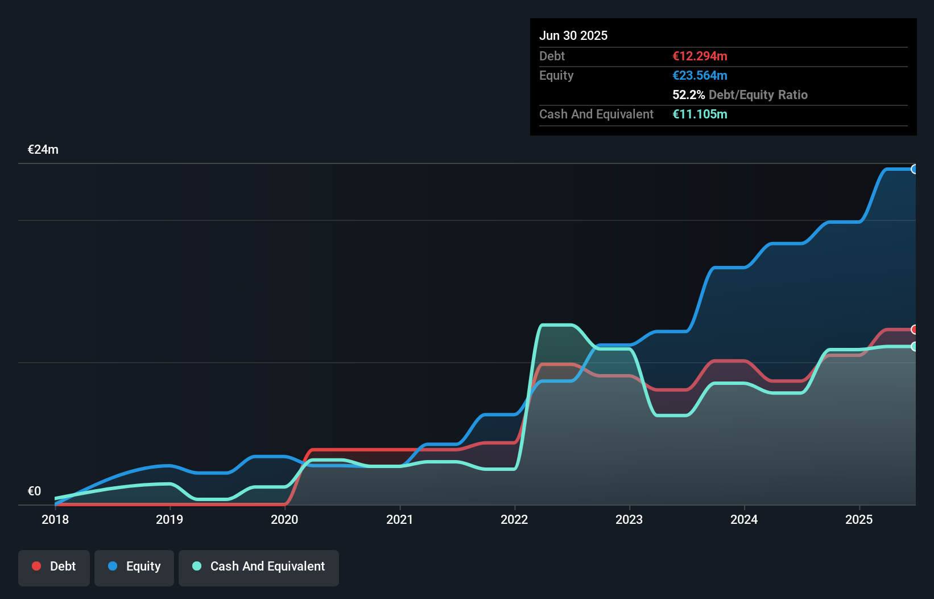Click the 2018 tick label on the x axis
55,519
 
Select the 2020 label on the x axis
284,519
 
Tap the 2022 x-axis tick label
514,519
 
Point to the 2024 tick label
744,519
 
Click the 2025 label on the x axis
859,519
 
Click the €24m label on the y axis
43,150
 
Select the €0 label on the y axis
34,491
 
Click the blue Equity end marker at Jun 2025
915,169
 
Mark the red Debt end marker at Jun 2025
915,330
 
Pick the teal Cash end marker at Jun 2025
915,346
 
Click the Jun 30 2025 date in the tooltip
573,35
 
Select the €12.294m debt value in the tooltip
700,56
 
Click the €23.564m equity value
700,75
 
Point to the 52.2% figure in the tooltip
688,95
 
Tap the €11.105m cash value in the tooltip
700,114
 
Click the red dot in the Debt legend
36,566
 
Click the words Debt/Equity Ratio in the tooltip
758,95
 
